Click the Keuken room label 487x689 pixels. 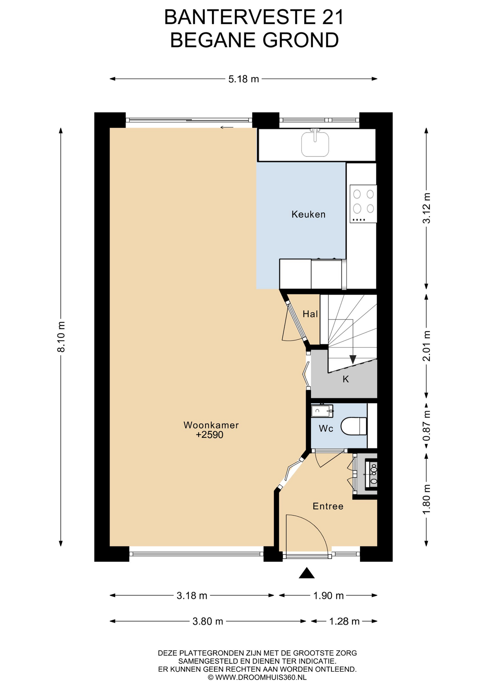pyautogui.click(x=308, y=214)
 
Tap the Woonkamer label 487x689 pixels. pyautogui.click(x=211, y=425)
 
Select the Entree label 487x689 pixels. pyautogui.click(x=328, y=506)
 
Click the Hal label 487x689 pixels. pyautogui.click(x=310, y=314)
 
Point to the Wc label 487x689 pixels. pyautogui.click(x=326, y=428)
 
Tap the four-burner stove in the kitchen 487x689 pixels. pyautogui.click(x=363, y=203)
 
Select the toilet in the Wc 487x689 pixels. pyautogui.click(x=354, y=426)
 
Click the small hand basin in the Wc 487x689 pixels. pyautogui.click(x=322, y=411)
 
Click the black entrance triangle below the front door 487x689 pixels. pyautogui.click(x=307, y=573)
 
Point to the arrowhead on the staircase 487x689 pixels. pyautogui.click(x=353, y=359)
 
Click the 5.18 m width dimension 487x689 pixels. pyautogui.click(x=243, y=79)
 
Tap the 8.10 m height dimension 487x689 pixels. pyautogui.click(x=61, y=337)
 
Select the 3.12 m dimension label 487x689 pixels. pyautogui.click(x=426, y=208)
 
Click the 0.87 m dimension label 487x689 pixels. pyautogui.click(x=426, y=426)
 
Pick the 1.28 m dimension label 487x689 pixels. pyautogui.click(x=344, y=621)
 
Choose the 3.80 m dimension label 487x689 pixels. pyautogui.click(x=208, y=621)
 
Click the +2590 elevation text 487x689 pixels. pyautogui.click(x=209, y=435)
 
